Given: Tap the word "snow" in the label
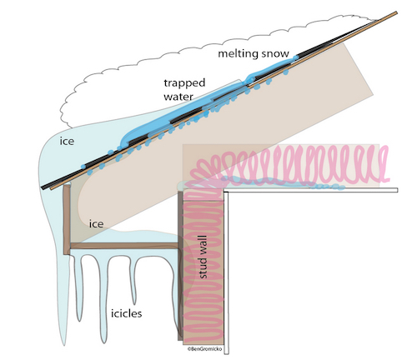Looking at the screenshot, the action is coord(276,53).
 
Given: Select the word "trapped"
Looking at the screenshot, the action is coord(184,83).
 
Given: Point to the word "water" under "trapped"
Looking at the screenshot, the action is coord(178,97).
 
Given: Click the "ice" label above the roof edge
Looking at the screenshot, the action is coord(67,141).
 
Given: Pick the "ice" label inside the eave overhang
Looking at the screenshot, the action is coord(96,223).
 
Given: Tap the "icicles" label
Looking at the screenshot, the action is coord(127,313).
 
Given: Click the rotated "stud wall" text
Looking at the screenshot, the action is coord(203,257).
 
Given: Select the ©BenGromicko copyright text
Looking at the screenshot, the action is coord(205,349).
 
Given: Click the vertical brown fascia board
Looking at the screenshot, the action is coord(67,219).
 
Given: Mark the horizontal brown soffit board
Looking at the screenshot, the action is coord(124,246).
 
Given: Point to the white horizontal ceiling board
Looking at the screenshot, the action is coord(311,190).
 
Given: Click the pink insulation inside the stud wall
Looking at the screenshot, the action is coord(203,267).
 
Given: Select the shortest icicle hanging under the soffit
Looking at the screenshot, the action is coord(134,281).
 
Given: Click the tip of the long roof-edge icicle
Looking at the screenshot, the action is coord(64,345).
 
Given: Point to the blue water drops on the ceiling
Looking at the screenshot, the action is coord(328,187).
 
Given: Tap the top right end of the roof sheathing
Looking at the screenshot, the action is coord(396,12).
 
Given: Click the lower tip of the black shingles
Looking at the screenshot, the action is coord(42,187).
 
